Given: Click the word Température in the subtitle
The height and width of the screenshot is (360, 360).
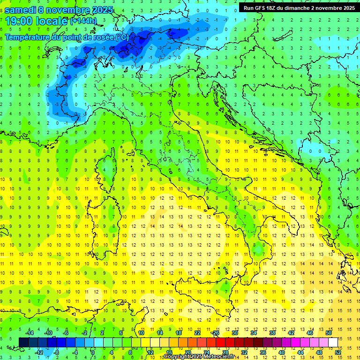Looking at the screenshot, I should coord(28,37).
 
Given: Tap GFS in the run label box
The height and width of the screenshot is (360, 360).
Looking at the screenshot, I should coord(261,8).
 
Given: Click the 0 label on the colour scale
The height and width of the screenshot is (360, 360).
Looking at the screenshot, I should coord(93,352).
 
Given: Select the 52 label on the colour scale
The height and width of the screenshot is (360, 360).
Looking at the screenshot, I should coord(338,352).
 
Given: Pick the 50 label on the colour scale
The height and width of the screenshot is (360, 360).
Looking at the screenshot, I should coord(329,333).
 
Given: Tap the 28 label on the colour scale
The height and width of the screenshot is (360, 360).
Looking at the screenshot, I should coord(225,352).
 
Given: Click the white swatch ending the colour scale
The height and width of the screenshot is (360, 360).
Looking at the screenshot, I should coord(333,342).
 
